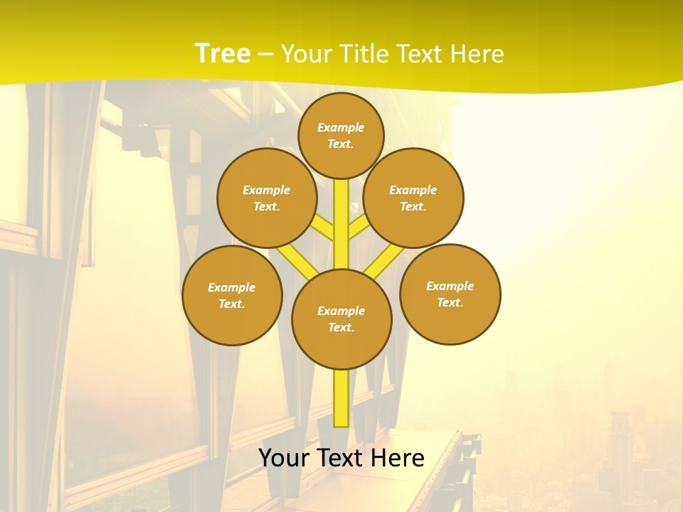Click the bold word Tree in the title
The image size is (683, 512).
pos(223,54)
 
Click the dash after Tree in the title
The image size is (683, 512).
pos(265,55)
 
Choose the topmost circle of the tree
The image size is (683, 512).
pos(341,135)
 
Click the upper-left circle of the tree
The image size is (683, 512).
pos(267,198)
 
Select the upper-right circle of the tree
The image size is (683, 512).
pos(413,198)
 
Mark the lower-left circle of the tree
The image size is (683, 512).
pos(232,295)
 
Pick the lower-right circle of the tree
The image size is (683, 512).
pos(450,294)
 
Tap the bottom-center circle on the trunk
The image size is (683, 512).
pos(341,319)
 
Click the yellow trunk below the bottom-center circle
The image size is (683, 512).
pos(341,398)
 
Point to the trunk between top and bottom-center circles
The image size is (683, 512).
pos(341,224)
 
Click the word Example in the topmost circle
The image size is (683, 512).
pos(341,127)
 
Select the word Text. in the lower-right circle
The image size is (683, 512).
pos(450,302)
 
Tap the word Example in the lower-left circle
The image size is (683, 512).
pos(232,287)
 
